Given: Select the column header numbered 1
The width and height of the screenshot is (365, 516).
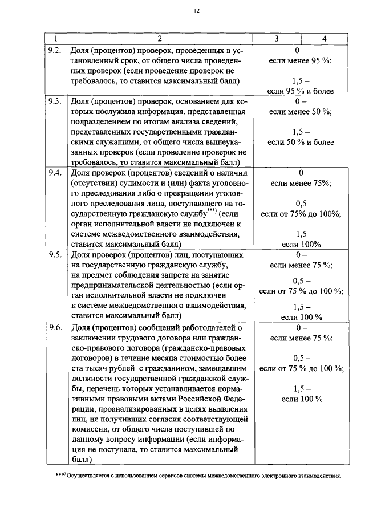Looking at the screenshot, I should [56, 39].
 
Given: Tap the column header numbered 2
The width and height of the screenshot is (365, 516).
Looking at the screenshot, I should [160, 39].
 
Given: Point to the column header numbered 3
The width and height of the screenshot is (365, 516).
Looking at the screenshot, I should [276, 39].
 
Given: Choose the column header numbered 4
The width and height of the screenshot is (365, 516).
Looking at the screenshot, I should [324, 39].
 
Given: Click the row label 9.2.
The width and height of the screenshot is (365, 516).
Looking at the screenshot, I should [55, 50].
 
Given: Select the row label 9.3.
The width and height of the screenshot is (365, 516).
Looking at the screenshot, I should [55, 101].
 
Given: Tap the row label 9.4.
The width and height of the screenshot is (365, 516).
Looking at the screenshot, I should [55, 173].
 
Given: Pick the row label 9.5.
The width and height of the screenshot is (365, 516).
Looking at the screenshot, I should [55, 255].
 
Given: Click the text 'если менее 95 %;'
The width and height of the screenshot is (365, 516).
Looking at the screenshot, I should [301, 60].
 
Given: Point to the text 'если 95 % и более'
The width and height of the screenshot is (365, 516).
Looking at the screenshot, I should [301, 91].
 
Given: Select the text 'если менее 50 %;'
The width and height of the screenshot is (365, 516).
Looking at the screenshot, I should [301, 111].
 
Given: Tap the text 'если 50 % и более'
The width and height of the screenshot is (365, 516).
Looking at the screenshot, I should [301, 142].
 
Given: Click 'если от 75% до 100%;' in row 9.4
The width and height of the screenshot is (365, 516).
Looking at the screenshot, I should [301, 214].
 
